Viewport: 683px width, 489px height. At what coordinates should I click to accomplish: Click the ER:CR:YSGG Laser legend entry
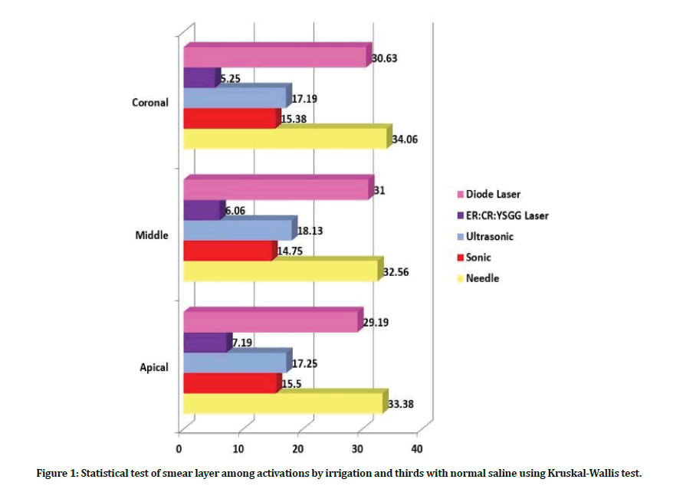507,215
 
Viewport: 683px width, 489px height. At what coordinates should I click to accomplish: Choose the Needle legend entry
482,278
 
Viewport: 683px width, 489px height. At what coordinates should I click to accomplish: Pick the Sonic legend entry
478,258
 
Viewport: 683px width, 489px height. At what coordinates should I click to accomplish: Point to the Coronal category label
150,102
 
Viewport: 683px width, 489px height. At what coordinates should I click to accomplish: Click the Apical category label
153,367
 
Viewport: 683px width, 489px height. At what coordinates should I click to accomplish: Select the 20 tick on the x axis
298,448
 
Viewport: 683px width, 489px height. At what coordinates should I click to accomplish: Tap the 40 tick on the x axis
417,448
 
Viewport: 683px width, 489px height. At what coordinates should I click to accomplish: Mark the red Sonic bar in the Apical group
230,383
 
